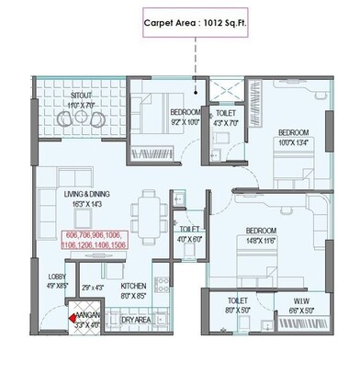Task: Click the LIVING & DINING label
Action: click(86, 197)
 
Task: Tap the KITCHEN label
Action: click(134, 286)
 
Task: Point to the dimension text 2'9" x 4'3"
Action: click(93, 288)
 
